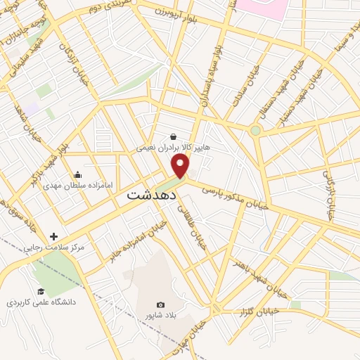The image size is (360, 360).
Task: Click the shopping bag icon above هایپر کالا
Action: tap(173, 136)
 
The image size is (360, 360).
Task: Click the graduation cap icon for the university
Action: tap(41, 291)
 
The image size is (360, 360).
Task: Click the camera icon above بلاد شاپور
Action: tap(160, 304)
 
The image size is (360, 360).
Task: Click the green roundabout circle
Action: tap(255, 130)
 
